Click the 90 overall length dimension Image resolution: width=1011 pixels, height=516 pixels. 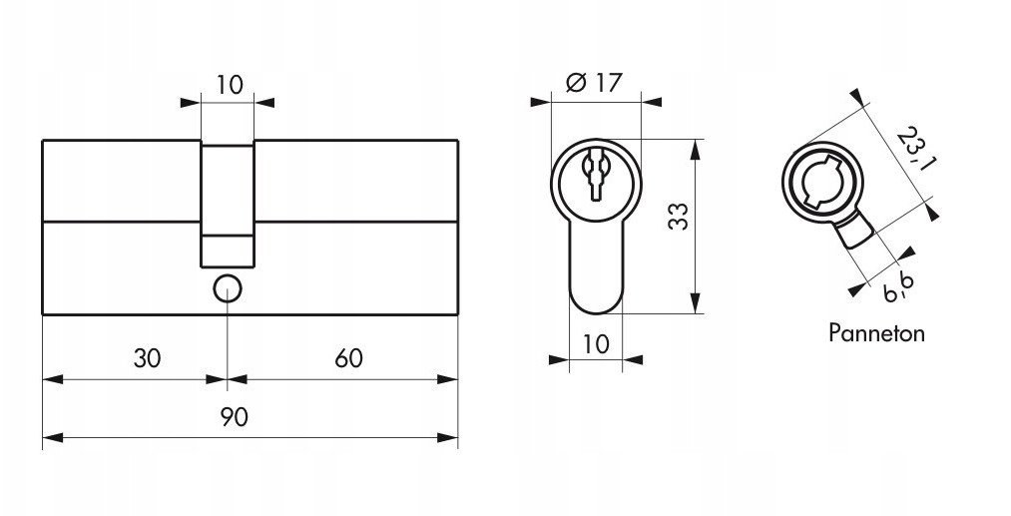(x=235, y=417)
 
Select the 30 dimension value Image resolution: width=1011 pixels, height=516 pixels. (x=147, y=358)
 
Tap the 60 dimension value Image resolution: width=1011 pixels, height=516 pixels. (x=349, y=358)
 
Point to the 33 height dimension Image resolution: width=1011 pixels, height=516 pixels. (x=678, y=216)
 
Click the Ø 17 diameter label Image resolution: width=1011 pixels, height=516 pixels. (x=594, y=83)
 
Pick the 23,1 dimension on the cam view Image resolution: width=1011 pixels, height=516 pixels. (x=916, y=149)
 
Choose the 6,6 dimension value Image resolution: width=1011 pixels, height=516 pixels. (x=900, y=287)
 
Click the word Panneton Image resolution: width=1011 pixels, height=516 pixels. (x=876, y=333)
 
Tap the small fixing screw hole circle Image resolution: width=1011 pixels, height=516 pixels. (x=227, y=289)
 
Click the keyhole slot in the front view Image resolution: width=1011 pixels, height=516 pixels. (x=595, y=174)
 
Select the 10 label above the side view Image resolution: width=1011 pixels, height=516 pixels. (x=230, y=85)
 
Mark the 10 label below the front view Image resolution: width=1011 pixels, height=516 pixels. (x=596, y=344)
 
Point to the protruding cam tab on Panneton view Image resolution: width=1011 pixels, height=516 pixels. (x=853, y=232)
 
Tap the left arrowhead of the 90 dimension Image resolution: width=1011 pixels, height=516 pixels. (x=53, y=438)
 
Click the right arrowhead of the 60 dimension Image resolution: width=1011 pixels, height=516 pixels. (x=447, y=379)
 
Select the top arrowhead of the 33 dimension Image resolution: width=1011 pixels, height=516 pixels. (x=695, y=149)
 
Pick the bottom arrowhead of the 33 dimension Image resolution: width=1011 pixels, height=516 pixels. (x=695, y=303)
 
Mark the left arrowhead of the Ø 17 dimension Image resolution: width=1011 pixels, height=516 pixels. (x=541, y=102)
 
